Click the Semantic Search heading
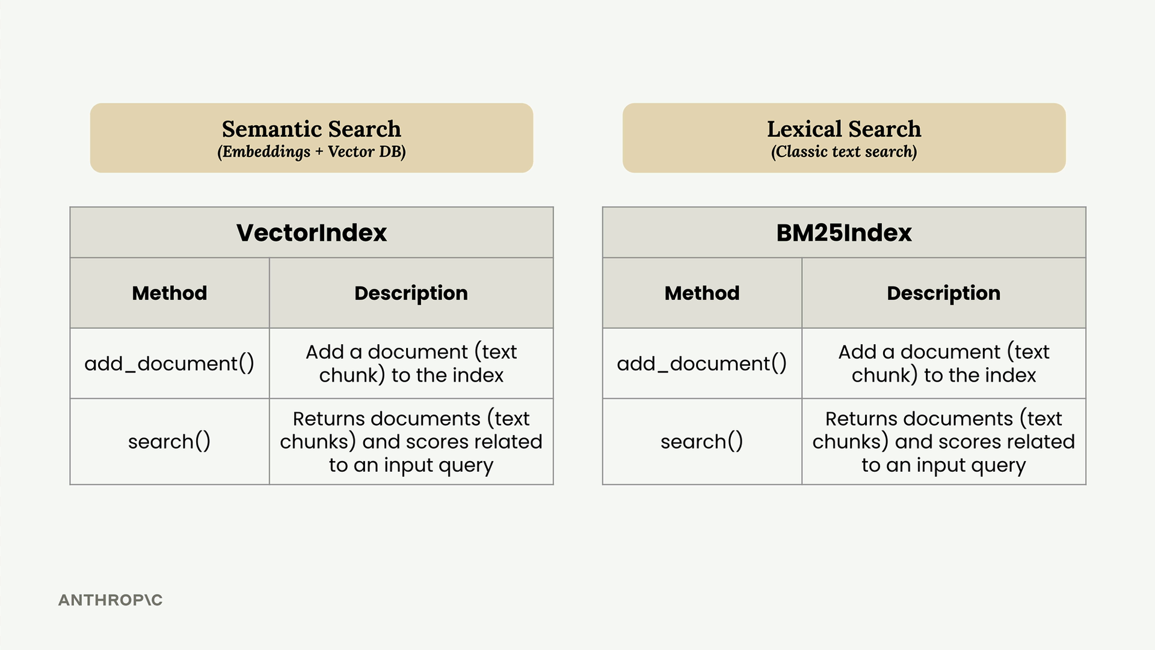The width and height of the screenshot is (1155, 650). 311,129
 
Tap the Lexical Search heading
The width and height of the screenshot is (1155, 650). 844,129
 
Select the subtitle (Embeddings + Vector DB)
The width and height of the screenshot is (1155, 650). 312,152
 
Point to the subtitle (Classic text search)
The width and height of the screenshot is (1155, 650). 844,152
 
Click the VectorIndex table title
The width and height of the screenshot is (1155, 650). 312,233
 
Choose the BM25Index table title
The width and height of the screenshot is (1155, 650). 844,233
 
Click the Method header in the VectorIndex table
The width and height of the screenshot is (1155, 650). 170,293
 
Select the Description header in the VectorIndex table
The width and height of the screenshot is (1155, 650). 411,293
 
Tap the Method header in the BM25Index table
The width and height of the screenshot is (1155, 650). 702,293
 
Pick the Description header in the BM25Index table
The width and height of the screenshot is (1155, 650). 944,293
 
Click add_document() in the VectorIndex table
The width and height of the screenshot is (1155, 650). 170,364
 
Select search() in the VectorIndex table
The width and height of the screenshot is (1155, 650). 170,442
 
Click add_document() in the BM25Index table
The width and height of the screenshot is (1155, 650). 702,364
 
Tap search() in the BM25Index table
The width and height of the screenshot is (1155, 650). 702,442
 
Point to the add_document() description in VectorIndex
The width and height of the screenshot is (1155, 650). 411,364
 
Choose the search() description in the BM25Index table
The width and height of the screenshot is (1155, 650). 944,442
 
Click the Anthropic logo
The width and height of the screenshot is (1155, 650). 111,600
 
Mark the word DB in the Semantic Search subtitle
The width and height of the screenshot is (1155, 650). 393,152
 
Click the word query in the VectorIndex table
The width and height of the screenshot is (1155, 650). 466,465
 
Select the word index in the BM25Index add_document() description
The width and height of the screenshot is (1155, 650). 1010,376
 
